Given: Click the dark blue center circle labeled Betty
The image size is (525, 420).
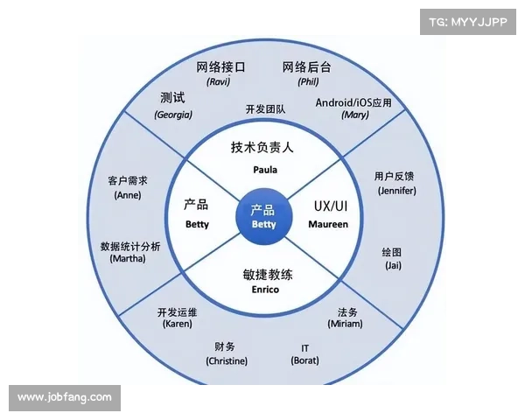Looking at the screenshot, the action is point(264,216).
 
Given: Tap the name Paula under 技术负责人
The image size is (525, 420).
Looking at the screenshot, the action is point(265,170).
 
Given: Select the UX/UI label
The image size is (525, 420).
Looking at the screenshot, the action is point(331,206).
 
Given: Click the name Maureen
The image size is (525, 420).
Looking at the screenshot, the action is point(328,224).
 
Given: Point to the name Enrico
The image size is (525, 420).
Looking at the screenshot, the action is point(265,290).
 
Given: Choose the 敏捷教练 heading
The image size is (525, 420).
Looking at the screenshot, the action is point(268,275).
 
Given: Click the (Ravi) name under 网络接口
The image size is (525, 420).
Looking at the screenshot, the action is point(218,81).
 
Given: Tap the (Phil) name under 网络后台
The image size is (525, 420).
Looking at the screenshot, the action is point(308,81).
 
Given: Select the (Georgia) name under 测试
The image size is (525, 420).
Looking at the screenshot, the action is point(173,115).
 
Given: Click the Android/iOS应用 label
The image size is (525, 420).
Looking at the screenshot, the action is point(353,102).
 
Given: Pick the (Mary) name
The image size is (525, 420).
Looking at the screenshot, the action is point(355,115).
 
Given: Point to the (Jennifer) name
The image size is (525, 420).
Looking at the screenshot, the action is point(396,191).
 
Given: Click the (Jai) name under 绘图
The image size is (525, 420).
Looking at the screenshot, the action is point(393,265).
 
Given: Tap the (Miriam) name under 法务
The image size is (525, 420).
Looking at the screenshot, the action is point(345,324).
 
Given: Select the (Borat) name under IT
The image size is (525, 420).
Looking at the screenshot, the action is point(304,360).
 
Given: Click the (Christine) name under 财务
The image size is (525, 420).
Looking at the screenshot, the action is point(227,361).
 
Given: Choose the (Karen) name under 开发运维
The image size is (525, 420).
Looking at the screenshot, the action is point(177,324).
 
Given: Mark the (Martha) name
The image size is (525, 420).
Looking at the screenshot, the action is point(128,259).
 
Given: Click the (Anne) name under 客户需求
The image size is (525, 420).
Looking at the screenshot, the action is point(128,195).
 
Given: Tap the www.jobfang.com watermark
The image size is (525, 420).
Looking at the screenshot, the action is point(65,397).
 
